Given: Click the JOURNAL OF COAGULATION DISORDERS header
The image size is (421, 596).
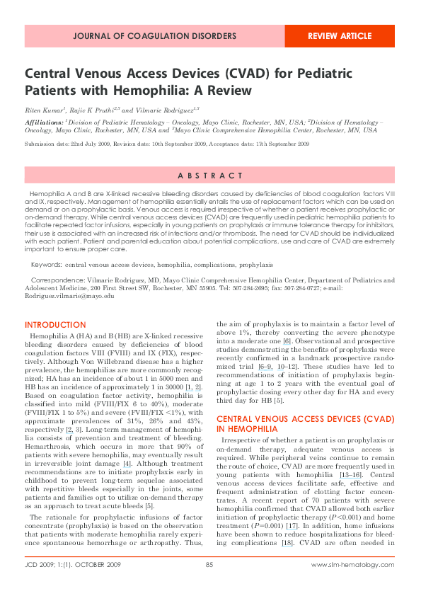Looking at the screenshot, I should (154, 35).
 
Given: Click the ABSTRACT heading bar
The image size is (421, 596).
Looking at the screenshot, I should (210, 176).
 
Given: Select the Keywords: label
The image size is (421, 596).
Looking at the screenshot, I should (46, 265).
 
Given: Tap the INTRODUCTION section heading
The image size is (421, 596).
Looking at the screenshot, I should (55, 325).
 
